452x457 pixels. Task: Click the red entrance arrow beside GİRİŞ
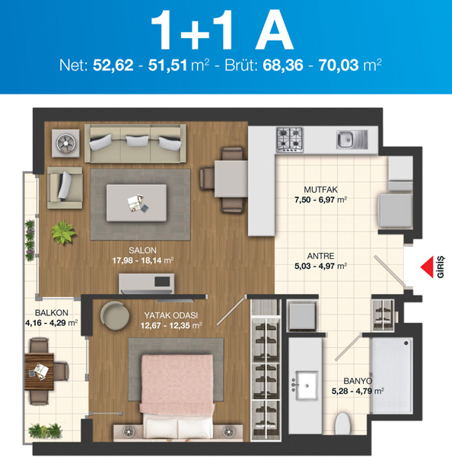(x=427, y=267)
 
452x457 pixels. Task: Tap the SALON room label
(x=143, y=251)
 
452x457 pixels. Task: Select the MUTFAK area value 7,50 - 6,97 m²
(x=320, y=200)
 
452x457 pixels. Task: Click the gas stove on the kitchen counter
(x=290, y=139)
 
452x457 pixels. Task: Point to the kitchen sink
(x=352, y=139)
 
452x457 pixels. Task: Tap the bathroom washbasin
(x=307, y=385)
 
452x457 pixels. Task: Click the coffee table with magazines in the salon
(x=137, y=203)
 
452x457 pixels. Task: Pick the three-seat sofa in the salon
(x=135, y=143)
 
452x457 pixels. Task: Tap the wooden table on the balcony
(x=39, y=372)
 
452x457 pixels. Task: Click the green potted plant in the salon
(x=63, y=232)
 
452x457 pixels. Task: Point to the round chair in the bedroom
(x=115, y=315)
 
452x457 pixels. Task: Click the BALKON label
(x=52, y=313)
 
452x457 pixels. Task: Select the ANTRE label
(x=320, y=256)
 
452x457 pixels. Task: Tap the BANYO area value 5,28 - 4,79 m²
(x=358, y=391)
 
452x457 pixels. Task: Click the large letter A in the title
(x=275, y=30)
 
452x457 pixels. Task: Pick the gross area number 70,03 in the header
(x=339, y=66)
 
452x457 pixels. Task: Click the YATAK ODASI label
(x=171, y=315)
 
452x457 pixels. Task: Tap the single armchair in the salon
(x=65, y=187)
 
